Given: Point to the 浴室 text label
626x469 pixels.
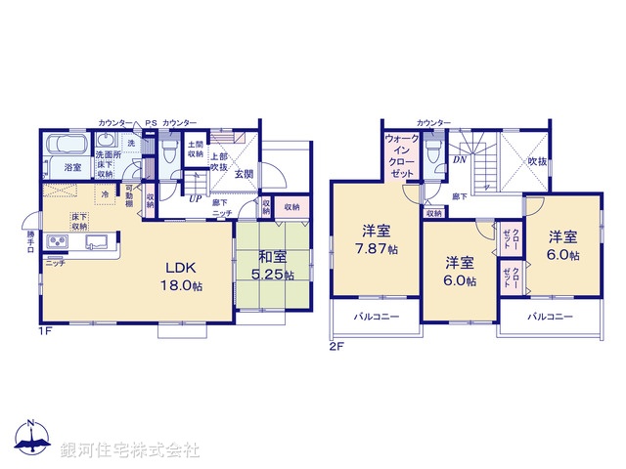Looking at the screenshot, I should tap(72, 168).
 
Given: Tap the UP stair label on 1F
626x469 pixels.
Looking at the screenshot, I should tap(195, 198).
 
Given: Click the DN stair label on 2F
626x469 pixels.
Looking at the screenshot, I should tap(459, 160).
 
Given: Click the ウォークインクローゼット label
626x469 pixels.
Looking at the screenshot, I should tap(402, 153).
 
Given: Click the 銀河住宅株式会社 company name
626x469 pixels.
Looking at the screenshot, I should tap(130, 451).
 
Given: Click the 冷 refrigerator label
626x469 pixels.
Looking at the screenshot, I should tap(105, 192).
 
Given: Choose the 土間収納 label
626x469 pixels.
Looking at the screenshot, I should tap(196, 149).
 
